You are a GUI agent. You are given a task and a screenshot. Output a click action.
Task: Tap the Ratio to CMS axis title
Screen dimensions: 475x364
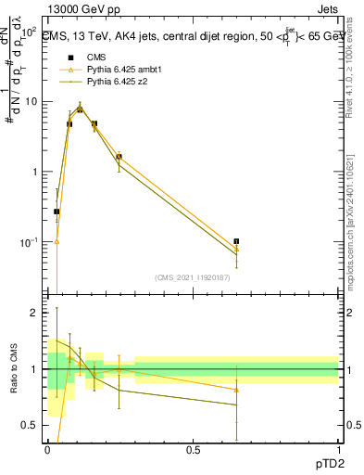coord(13,370)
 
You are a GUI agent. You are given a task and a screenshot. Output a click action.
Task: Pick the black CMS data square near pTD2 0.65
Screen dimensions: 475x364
coord(236,241)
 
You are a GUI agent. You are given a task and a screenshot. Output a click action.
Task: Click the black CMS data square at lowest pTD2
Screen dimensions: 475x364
coord(56,212)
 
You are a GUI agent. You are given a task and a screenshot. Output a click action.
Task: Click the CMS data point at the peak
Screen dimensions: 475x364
coord(81,109)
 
